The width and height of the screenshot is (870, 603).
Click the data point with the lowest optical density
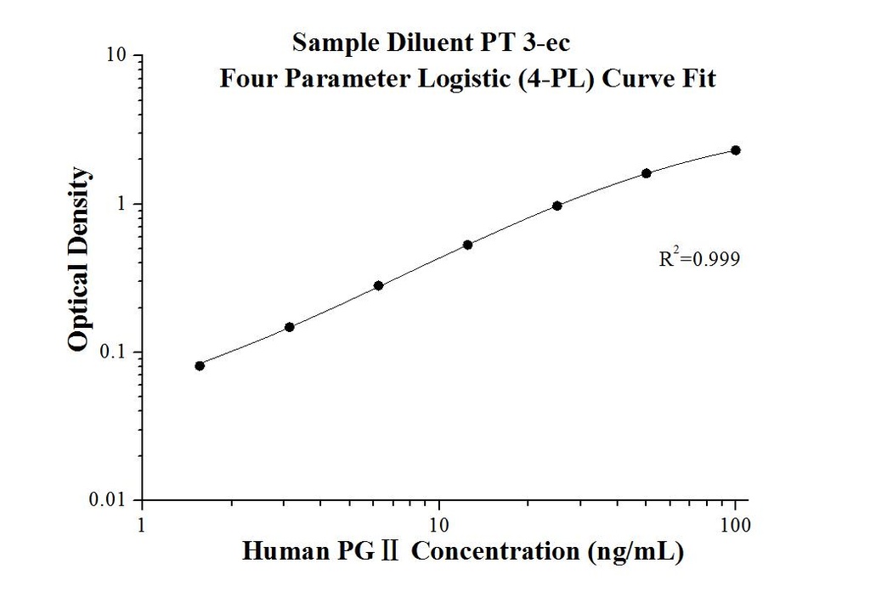pyautogui.click(x=200, y=366)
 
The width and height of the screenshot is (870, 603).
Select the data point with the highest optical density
pyautogui.click(x=736, y=150)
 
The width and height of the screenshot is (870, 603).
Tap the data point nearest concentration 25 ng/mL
pyautogui.click(x=557, y=206)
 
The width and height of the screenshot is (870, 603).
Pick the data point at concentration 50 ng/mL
pyautogui.click(x=647, y=173)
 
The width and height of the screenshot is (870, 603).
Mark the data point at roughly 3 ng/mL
pyautogui.click(x=290, y=327)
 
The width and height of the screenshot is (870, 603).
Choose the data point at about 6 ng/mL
pyautogui.click(x=379, y=285)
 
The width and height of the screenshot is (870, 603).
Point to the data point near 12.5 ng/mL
pyautogui.click(x=468, y=245)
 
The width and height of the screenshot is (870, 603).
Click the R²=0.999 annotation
pyautogui.click(x=693, y=259)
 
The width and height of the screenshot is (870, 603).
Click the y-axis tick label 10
pyautogui.click(x=118, y=56)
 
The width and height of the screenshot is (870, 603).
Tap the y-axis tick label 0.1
pyautogui.click(x=116, y=352)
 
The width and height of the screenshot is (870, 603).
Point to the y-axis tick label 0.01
pyautogui.click(x=112, y=500)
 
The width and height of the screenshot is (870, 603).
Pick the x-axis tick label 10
pyautogui.click(x=438, y=526)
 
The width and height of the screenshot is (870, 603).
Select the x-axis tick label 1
pyautogui.click(x=142, y=526)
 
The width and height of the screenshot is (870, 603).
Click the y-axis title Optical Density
pyautogui.click(x=78, y=259)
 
